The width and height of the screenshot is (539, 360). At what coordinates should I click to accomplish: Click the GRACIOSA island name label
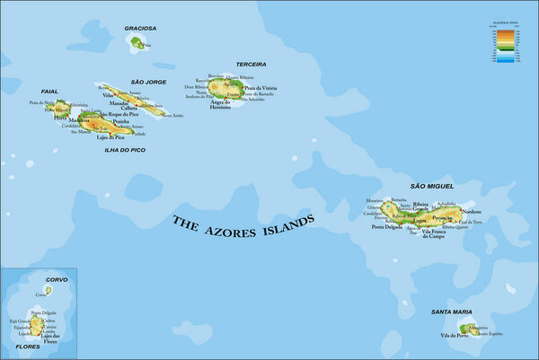(140, 29)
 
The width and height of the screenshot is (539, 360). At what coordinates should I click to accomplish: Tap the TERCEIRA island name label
(251, 65)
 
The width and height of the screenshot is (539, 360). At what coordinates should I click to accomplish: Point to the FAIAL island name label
(50, 92)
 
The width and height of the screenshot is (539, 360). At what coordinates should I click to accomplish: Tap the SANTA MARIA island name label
(451, 312)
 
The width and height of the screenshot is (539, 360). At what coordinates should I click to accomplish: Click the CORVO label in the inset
(56, 280)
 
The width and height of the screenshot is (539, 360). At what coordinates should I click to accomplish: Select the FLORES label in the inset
(27, 345)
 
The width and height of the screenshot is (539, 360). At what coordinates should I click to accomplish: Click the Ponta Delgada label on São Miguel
(387, 227)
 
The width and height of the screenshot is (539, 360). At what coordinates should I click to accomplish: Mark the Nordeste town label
(470, 211)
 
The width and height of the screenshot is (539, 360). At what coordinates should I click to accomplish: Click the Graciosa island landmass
(137, 41)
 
